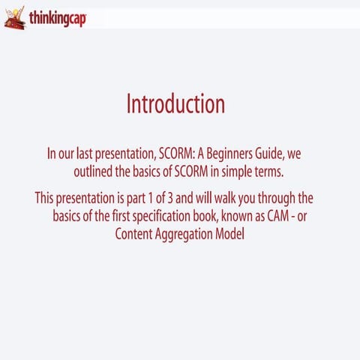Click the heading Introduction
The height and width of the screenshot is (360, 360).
[x=175, y=104]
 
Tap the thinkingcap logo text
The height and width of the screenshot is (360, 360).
[x=58, y=18]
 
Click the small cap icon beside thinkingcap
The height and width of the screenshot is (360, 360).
[x=14, y=18]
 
